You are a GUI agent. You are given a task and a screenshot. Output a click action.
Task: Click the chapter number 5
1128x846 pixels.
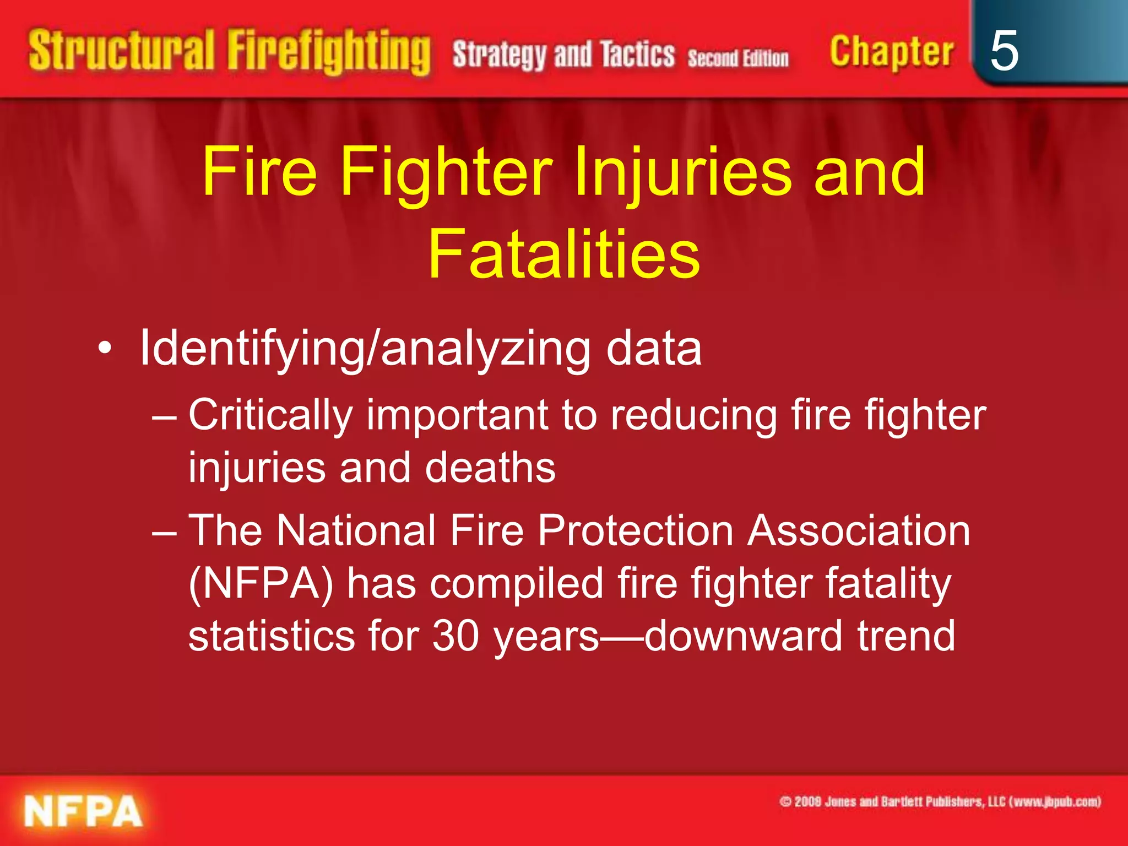[x=1004, y=51]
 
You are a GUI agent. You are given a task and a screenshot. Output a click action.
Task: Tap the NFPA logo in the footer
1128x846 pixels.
[x=83, y=811]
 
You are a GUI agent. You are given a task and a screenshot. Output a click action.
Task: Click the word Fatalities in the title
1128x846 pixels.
[x=563, y=254]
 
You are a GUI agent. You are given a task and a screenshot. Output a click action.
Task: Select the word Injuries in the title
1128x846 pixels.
[x=683, y=172]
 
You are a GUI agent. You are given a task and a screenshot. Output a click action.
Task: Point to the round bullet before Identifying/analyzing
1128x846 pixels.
[x=105, y=349]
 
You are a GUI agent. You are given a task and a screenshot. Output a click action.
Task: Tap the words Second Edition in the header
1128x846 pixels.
[x=737, y=58]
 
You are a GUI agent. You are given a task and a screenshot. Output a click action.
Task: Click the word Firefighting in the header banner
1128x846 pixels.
[x=329, y=53]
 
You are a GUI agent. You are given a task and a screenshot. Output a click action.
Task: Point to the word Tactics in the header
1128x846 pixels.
[x=637, y=55]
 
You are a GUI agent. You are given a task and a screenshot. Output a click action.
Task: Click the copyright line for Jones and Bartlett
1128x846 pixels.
[x=940, y=801]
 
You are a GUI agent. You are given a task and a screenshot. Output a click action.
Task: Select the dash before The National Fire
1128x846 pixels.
[x=164, y=532]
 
